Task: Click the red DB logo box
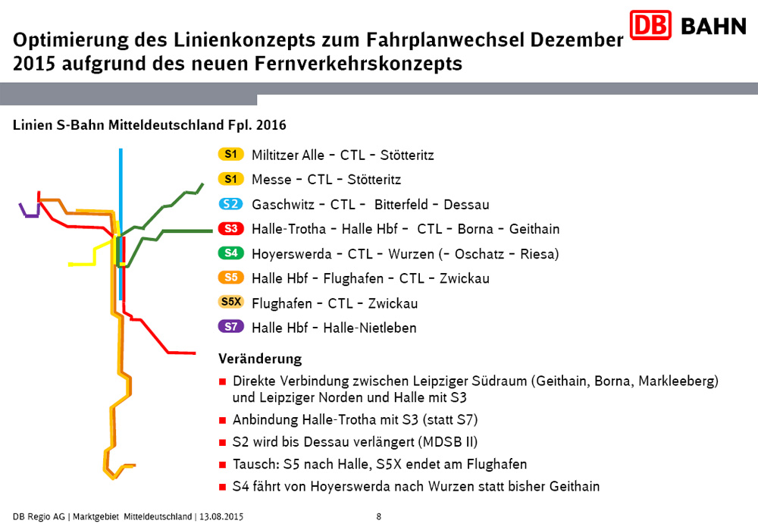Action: point(650,26)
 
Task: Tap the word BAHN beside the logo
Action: point(713,27)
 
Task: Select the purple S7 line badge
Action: point(230,328)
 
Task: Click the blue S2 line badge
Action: point(230,204)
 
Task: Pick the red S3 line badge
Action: point(230,228)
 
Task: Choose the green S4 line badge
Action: point(230,253)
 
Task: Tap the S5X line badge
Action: point(231,303)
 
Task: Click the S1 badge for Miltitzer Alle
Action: point(230,155)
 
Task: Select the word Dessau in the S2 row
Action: point(466,205)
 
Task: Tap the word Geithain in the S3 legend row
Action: point(534,229)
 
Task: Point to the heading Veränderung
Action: point(260,359)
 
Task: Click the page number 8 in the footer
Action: point(379,516)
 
